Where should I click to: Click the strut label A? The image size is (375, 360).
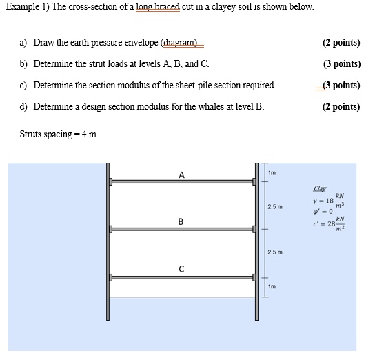point(181,174)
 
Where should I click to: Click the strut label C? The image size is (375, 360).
point(181,270)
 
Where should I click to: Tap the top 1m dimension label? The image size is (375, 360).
point(272,172)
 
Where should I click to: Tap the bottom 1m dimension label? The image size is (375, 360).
point(272,286)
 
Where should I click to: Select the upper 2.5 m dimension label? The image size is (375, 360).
point(274,206)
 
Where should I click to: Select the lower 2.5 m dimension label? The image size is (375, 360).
point(274,253)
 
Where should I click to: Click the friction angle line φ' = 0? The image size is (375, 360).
point(323,212)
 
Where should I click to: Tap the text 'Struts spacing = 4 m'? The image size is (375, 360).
point(58,134)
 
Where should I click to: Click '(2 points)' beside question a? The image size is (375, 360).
point(341,43)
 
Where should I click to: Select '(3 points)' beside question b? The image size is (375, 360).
point(341,64)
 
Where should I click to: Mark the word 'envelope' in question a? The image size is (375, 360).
point(138,43)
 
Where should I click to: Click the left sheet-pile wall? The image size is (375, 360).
point(109,241)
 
